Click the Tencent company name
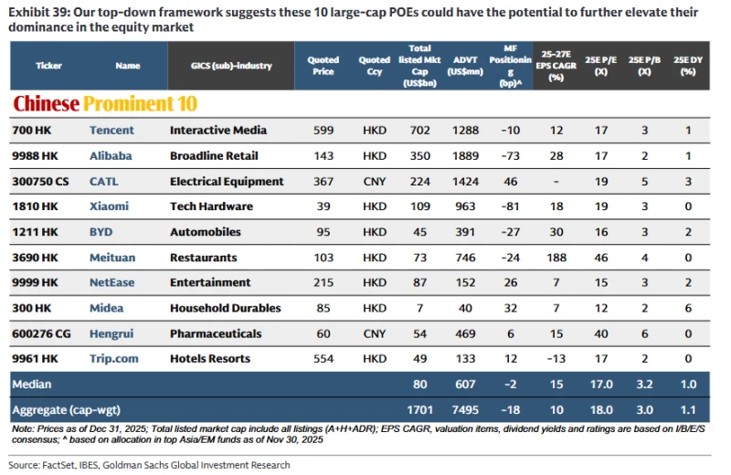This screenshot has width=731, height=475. (x=111, y=131)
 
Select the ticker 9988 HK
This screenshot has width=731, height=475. (x=36, y=156)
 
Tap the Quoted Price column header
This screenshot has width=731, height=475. (x=323, y=66)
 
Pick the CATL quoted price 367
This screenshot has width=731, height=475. (x=323, y=182)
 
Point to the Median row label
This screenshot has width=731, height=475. (x=32, y=385)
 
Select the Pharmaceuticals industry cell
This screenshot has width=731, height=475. (x=216, y=334)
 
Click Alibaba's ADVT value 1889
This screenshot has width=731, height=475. (x=465, y=156)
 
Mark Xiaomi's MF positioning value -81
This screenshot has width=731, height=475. (x=511, y=207)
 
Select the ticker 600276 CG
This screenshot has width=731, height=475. (x=41, y=334)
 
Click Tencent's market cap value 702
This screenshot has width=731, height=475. (x=420, y=131)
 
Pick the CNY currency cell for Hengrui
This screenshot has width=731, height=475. (x=375, y=334)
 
